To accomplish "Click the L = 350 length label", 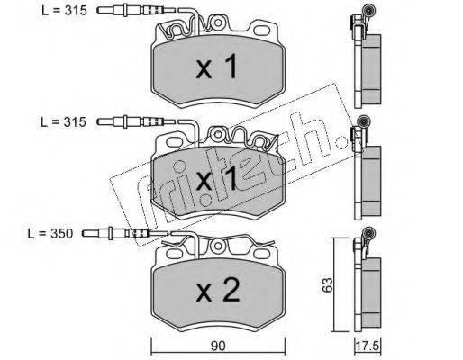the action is tap(50, 234).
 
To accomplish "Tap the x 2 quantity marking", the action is tap(218, 290).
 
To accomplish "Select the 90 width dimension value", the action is tap(218, 346).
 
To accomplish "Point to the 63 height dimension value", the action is tap(328, 284).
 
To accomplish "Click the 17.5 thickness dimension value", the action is tap(368, 346).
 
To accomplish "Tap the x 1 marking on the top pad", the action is tap(217, 67).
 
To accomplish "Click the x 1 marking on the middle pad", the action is tap(217, 179).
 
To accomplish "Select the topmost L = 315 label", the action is tap(64, 11).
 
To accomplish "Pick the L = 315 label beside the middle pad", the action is tap(63, 122).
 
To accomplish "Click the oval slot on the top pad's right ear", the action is tap(261, 30).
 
